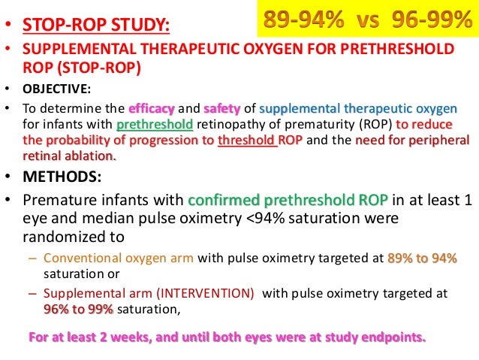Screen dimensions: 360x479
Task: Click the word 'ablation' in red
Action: click(x=92, y=156)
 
